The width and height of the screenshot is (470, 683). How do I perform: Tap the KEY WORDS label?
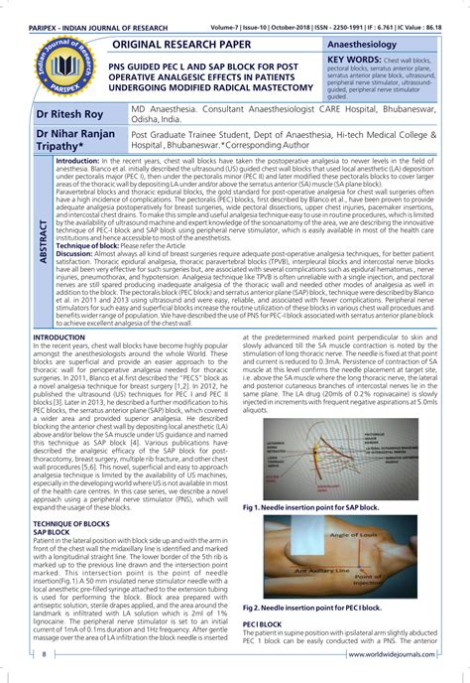click(x=356, y=63)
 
